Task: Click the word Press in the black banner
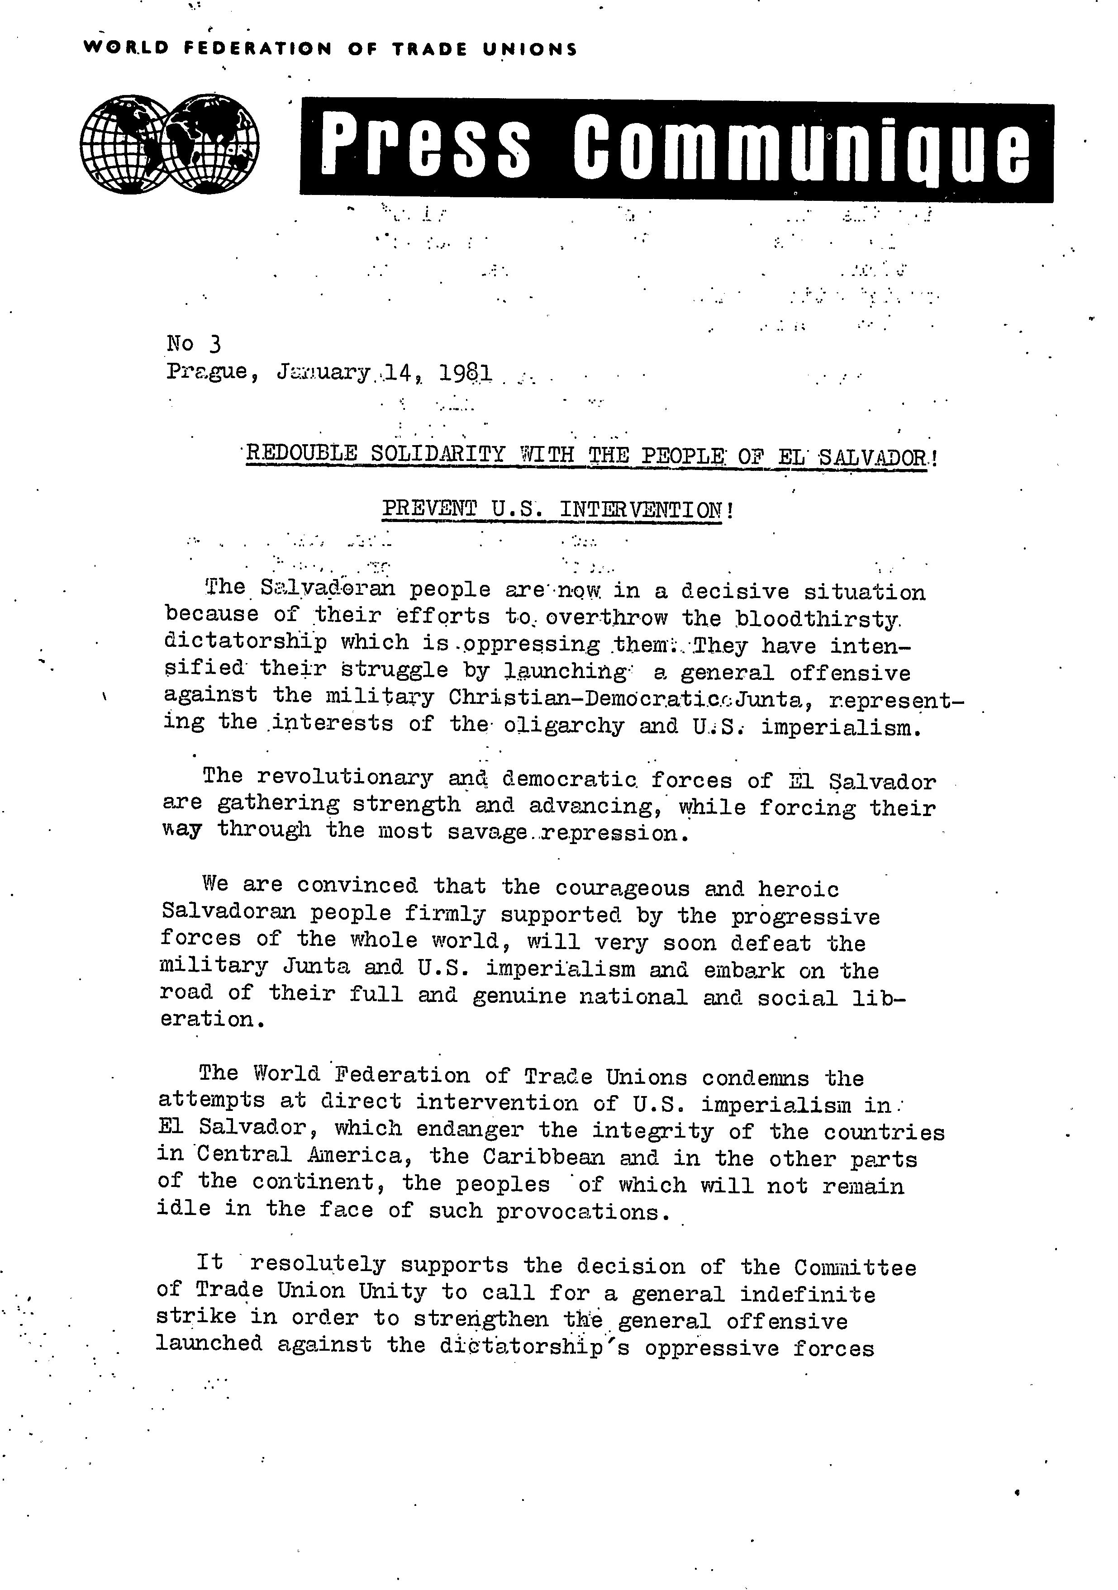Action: pos(426,147)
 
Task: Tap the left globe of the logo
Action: pos(125,144)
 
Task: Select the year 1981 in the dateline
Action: pos(466,374)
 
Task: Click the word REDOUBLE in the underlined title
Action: pos(301,454)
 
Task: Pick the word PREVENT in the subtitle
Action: pos(429,509)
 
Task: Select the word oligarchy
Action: pos(564,726)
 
